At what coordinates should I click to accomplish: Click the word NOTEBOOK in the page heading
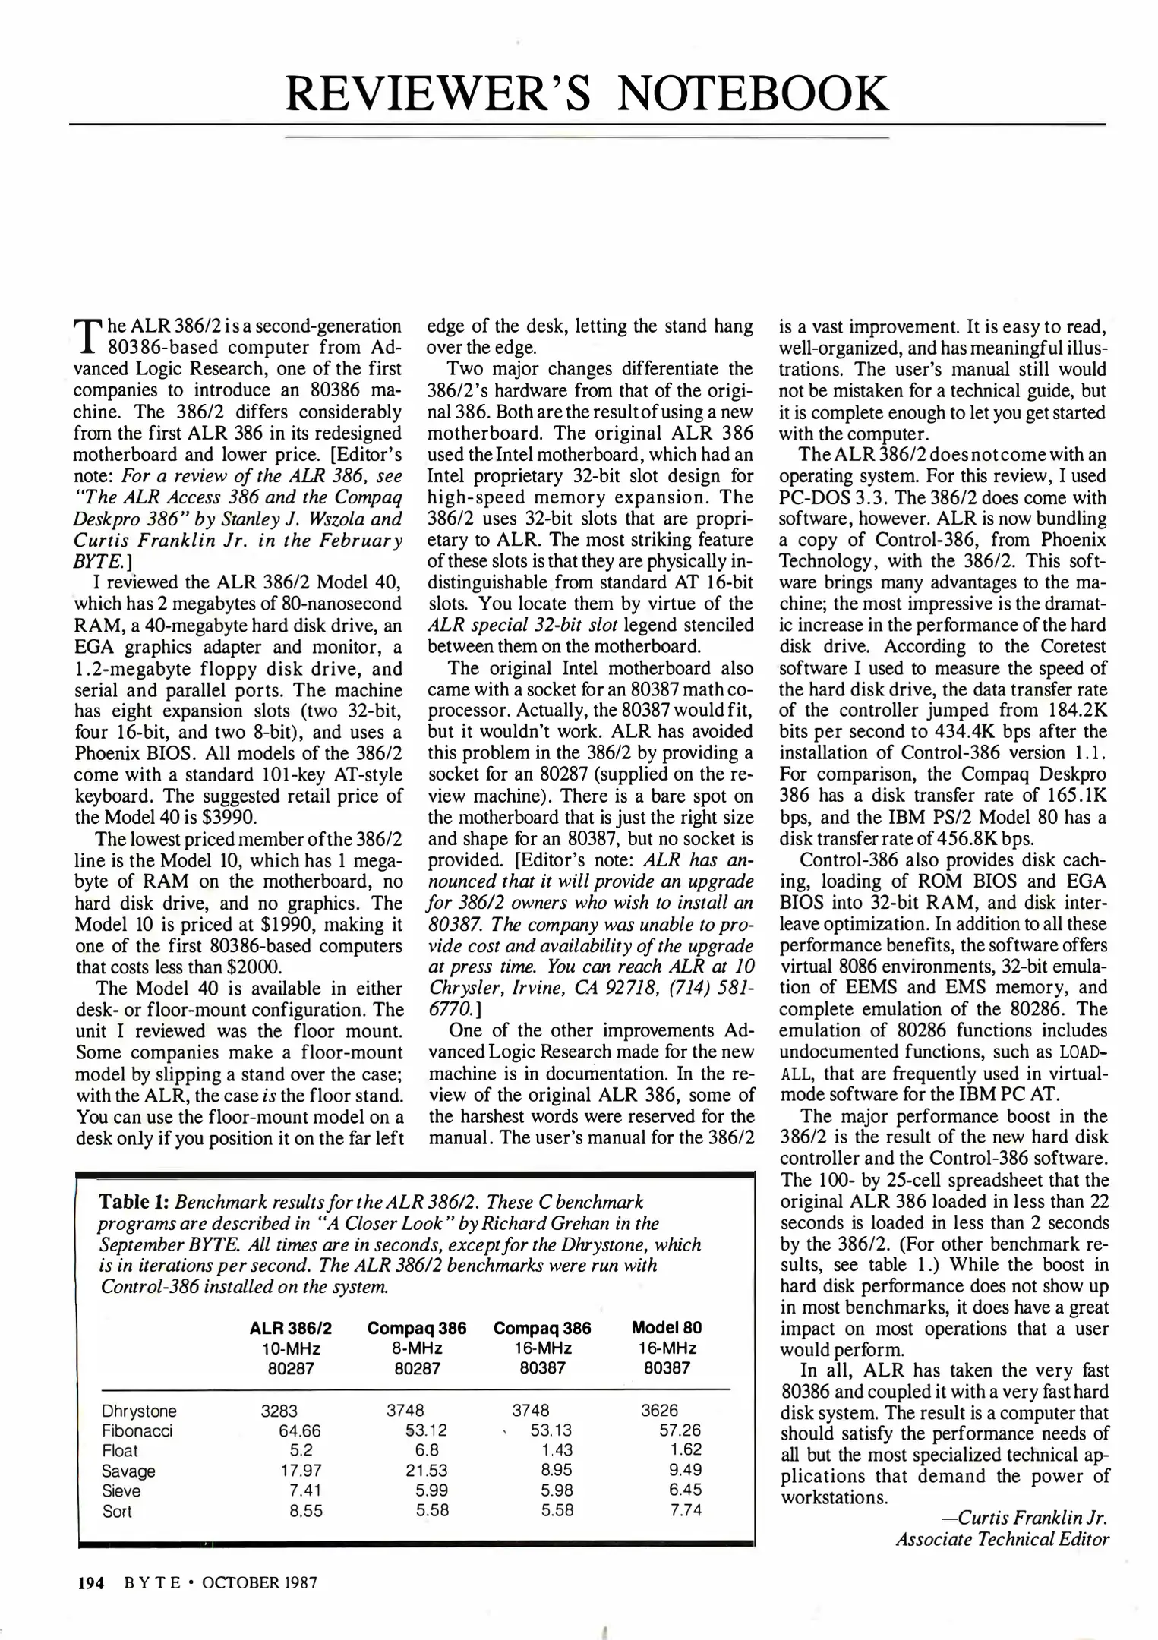[753, 94]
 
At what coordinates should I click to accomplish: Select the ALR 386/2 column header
[290, 1328]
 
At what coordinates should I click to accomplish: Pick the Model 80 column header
[666, 1328]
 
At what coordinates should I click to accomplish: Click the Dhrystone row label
[139, 1411]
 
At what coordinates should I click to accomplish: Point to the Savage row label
[128, 1471]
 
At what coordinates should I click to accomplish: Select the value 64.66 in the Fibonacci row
[300, 1431]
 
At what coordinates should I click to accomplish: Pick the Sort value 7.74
[686, 1510]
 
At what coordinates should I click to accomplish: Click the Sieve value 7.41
[305, 1490]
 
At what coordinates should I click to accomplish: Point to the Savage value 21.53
[426, 1471]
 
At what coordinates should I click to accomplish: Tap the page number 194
[90, 1583]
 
